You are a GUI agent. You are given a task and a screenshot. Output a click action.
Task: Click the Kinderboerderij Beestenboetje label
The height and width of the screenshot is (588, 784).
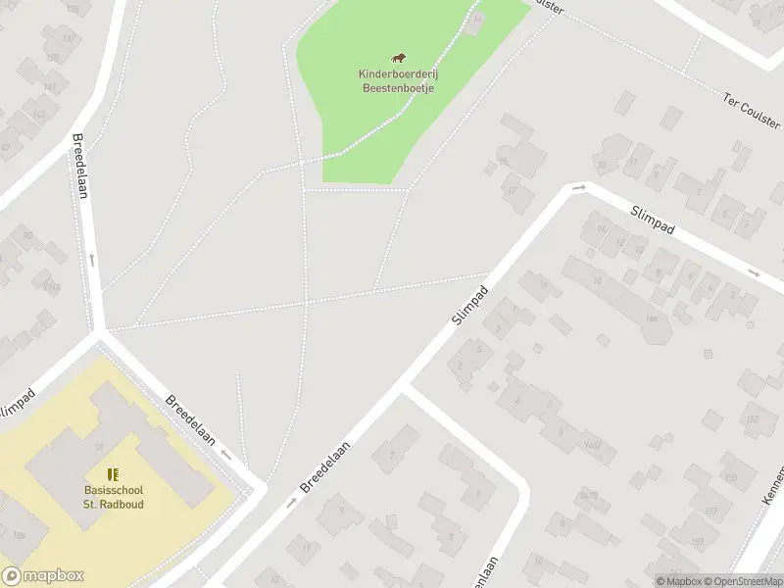[x=397, y=80]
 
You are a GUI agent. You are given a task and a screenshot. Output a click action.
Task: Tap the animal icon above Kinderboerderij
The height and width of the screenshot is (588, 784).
[x=398, y=60]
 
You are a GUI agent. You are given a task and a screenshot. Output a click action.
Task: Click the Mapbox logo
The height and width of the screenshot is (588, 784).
[x=43, y=576]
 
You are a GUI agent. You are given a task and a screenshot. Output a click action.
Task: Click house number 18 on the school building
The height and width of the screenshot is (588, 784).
[x=98, y=447]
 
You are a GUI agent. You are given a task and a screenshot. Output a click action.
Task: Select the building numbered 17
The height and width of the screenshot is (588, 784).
[x=513, y=191]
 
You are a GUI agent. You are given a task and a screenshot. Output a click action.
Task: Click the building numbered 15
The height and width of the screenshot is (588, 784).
[x=504, y=161]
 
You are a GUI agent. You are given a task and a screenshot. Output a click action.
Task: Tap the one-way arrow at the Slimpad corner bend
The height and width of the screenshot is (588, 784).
[x=579, y=187]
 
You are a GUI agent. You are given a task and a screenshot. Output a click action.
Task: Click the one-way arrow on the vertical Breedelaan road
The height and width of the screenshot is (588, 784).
[x=93, y=259]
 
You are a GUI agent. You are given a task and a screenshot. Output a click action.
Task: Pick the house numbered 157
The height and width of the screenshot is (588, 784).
[x=698, y=512]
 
